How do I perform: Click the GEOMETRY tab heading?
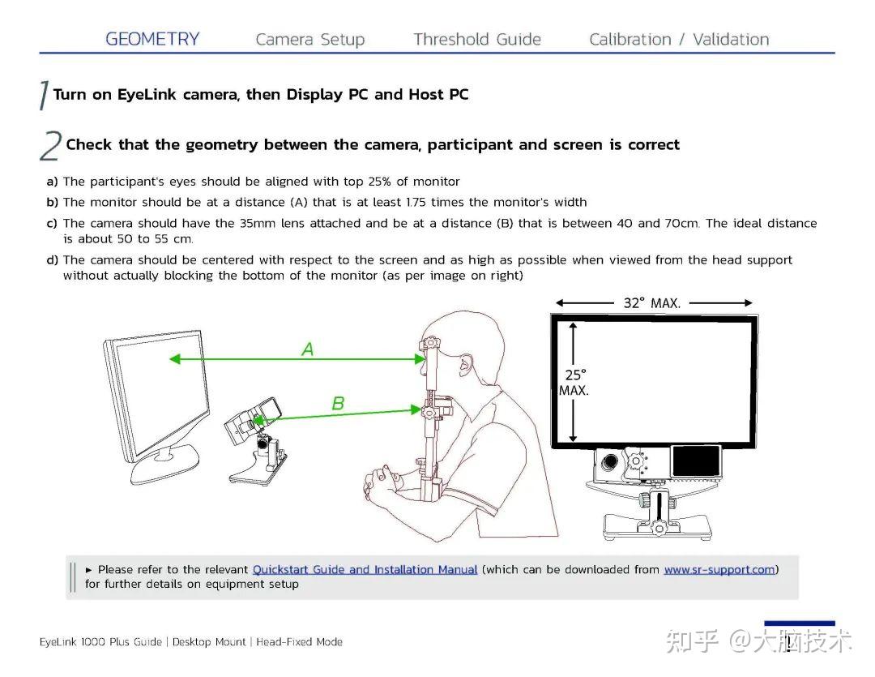(152, 39)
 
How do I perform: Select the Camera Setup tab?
(309, 40)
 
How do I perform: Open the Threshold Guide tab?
(477, 39)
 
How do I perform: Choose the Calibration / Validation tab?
(679, 39)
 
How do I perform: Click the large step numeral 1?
(44, 95)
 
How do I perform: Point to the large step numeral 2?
(50, 146)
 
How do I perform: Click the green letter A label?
(308, 349)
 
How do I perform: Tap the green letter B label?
(338, 403)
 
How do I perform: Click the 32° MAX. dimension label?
(651, 303)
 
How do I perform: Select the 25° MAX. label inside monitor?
(574, 383)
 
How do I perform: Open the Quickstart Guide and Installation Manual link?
(365, 570)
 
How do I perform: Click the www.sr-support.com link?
(719, 570)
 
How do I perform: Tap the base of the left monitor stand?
(164, 465)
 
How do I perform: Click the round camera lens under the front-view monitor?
(609, 462)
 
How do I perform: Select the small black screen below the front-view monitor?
(696, 461)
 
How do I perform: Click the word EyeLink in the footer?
(58, 642)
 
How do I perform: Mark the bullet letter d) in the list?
(52, 259)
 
